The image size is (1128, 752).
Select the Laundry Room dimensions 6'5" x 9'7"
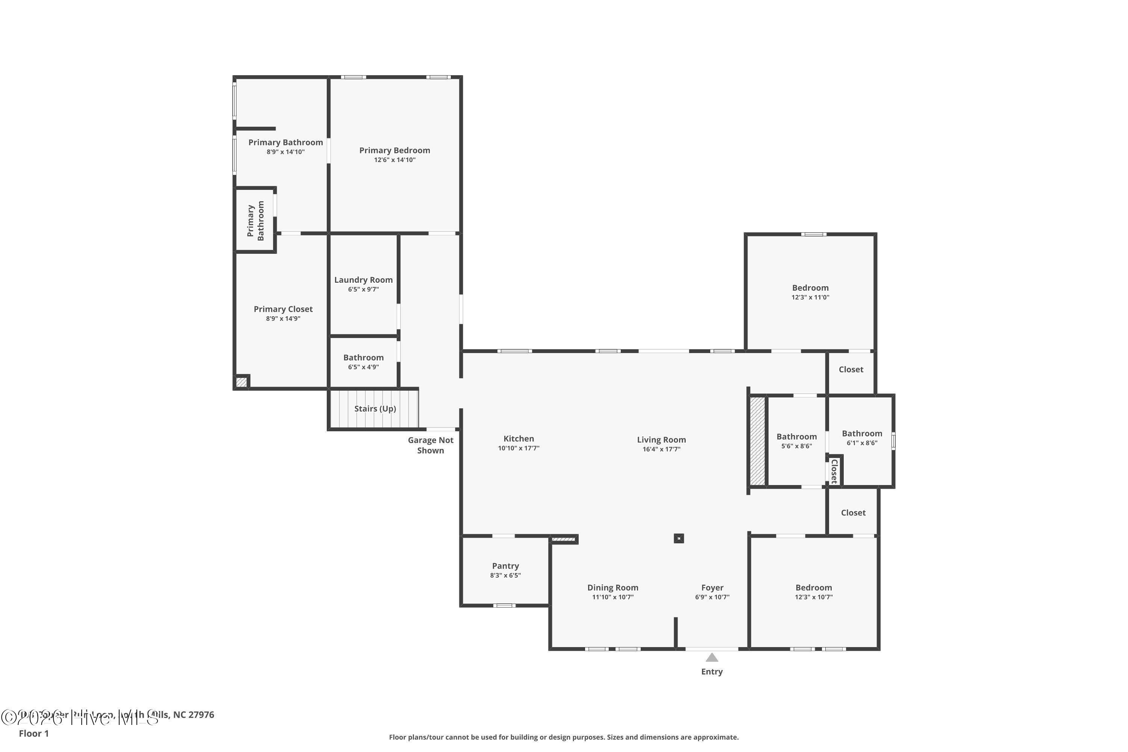pyautogui.click(x=363, y=289)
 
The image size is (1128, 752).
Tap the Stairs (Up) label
pyautogui.click(x=374, y=409)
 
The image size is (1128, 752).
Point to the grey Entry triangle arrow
pyautogui.click(x=712, y=658)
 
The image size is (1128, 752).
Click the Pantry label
pyautogui.click(x=505, y=566)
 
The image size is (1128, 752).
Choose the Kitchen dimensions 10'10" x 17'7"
pyautogui.click(x=519, y=448)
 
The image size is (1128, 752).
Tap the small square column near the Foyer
pyautogui.click(x=678, y=538)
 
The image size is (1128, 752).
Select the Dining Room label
pyautogui.click(x=613, y=587)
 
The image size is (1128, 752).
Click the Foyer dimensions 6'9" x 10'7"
pyautogui.click(x=712, y=597)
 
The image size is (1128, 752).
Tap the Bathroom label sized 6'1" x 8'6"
pyautogui.click(x=862, y=433)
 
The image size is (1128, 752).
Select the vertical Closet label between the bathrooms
pyautogui.click(x=834, y=471)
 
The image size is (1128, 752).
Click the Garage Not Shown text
pyautogui.click(x=430, y=445)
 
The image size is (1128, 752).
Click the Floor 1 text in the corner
pyautogui.click(x=33, y=733)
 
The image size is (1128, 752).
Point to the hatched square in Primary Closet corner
pyautogui.click(x=241, y=382)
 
